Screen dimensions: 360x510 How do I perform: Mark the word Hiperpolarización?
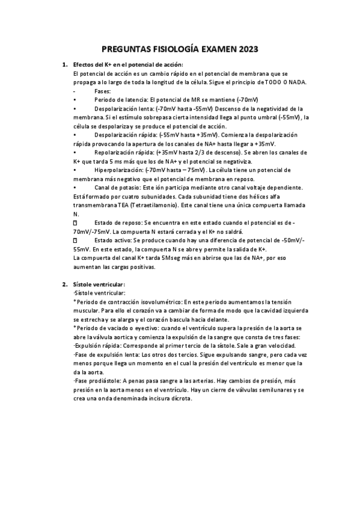(118, 171)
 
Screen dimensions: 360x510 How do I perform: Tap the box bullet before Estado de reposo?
(75, 223)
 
